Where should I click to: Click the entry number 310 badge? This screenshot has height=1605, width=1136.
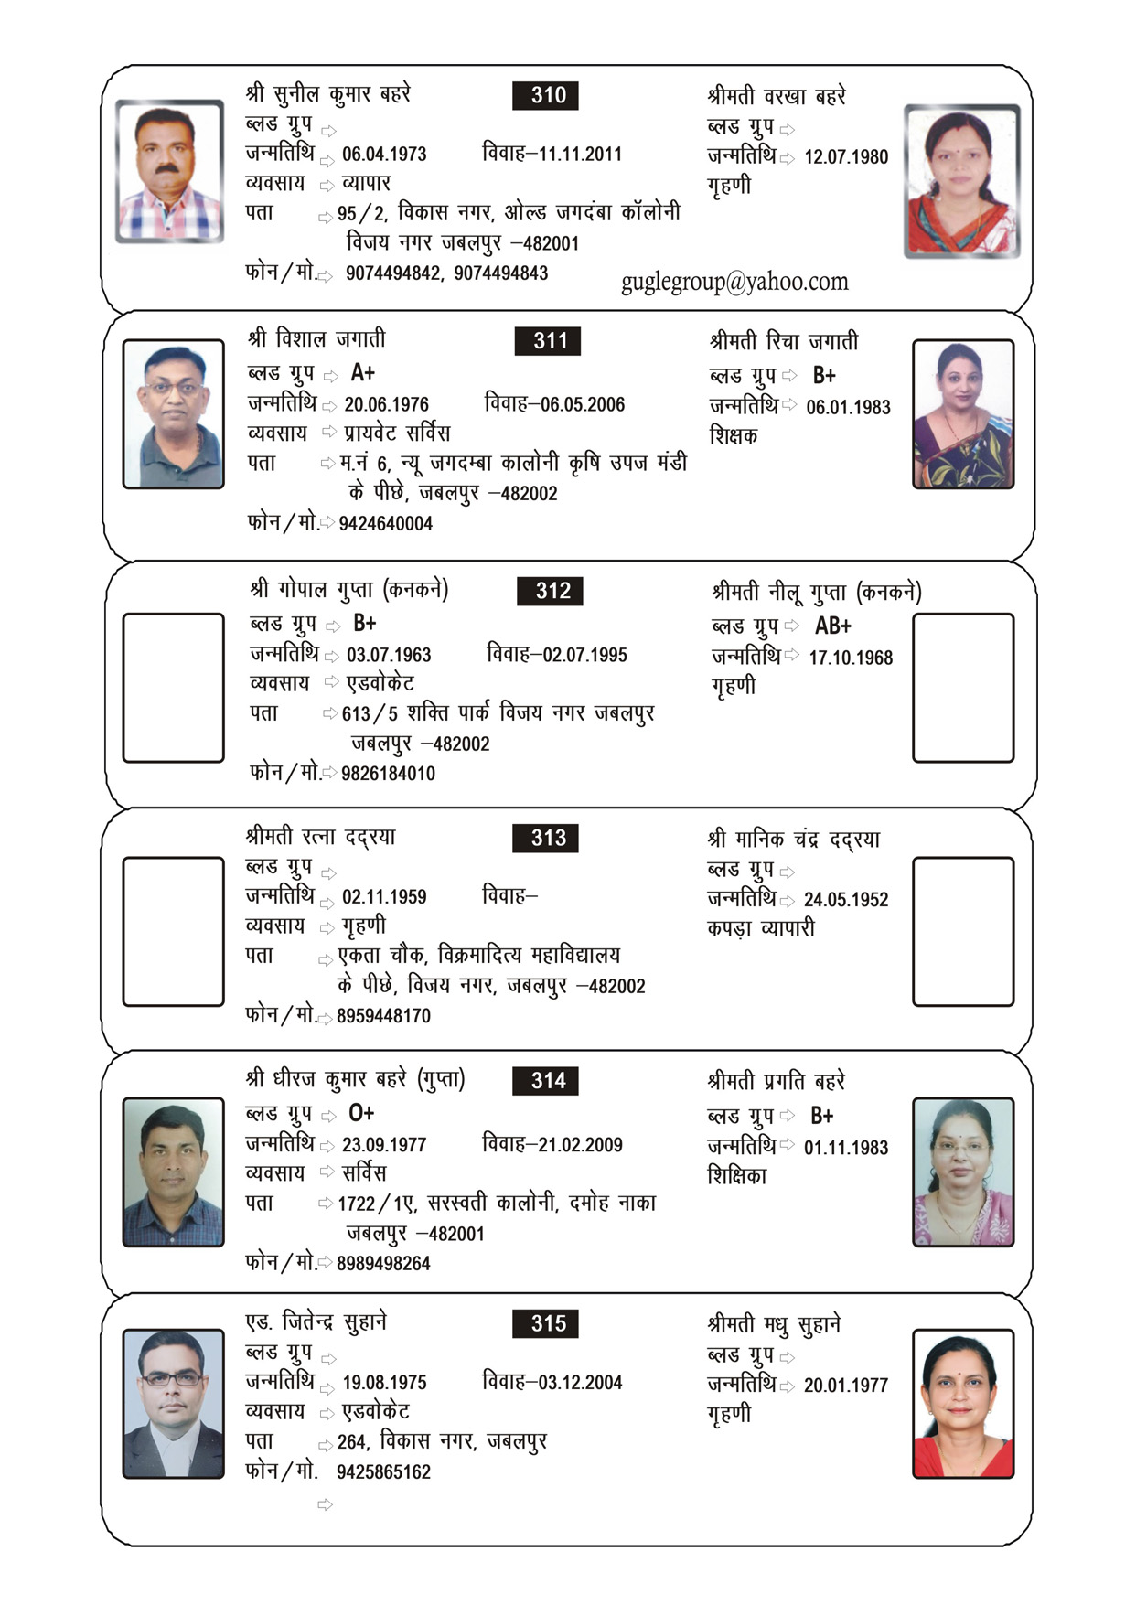tap(548, 95)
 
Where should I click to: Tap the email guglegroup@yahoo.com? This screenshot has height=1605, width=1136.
tap(734, 282)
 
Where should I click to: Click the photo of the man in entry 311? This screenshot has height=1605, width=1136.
tap(174, 414)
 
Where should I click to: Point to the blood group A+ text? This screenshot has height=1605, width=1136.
tap(363, 373)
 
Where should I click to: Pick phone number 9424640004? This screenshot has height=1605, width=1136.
tap(385, 524)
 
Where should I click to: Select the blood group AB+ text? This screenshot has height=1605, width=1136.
tap(832, 626)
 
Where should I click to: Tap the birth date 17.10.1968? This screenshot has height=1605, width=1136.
tap(851, 658)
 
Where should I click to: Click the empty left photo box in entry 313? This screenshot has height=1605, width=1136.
tap(174, 931)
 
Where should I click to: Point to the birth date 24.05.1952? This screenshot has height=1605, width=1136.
tap(846, 900)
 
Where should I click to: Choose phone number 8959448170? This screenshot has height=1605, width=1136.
tap(383, 1016)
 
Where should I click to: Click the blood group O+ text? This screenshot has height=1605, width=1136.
tap(361, 1114)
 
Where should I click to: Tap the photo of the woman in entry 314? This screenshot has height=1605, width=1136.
tap(963, 1172)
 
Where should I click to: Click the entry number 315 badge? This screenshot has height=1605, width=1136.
tap(548, 1324)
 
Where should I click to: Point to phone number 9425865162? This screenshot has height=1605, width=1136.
tap(383, 1472)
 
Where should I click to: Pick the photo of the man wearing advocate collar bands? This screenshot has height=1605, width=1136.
tap(174, 1404)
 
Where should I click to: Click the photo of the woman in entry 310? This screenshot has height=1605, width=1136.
tap(961, 181)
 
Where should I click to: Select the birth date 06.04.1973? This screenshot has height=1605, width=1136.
tap(384, 155)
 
